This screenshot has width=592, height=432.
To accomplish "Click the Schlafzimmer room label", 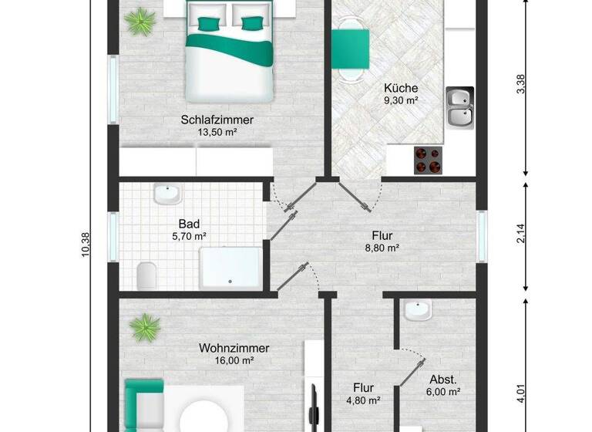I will pos(217,120).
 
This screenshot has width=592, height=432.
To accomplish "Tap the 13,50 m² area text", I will pos(217,132).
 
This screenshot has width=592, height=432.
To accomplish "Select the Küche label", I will pos(401,88).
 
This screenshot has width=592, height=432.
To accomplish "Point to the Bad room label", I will pos(189,224).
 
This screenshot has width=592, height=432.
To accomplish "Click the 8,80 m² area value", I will pos(382,248).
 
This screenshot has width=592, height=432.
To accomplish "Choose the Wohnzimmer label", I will pos(234,348).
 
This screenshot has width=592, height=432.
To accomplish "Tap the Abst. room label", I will pos(443,380).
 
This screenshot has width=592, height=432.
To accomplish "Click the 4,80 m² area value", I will pos(364,400).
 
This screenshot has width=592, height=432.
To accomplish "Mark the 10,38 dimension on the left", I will pos(86,246).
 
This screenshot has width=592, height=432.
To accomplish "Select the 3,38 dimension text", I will pos(521,83).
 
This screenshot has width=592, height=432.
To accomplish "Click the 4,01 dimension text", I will pos(521,394).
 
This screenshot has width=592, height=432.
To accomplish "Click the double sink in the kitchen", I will pos(460,106).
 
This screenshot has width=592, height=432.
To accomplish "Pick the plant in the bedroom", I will pos(140,21).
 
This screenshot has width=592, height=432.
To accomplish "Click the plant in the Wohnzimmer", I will pos(144,328).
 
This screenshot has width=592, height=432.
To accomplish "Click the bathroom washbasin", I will pos(166,194).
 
